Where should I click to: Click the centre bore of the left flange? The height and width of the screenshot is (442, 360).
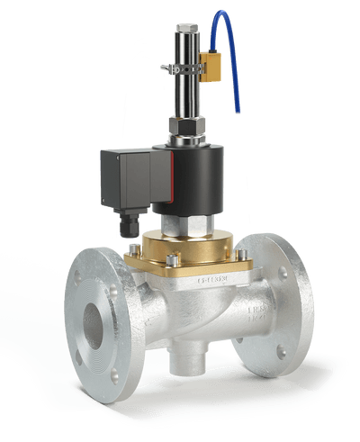click(91, 323)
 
